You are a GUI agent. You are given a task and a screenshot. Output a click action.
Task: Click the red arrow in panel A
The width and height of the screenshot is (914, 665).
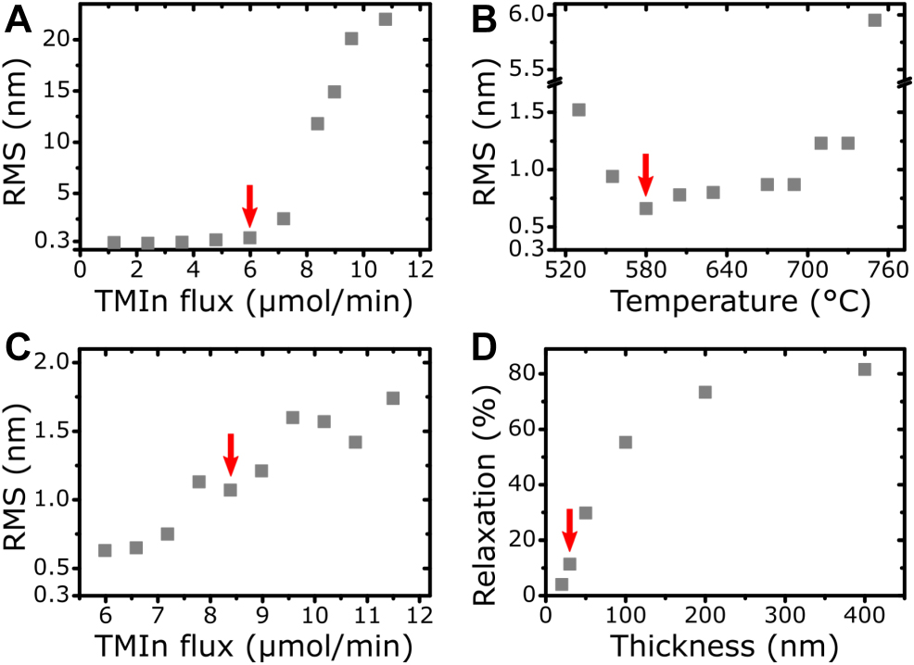[x=248, y=205]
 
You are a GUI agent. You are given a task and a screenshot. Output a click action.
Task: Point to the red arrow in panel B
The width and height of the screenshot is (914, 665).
[x=646, y=174]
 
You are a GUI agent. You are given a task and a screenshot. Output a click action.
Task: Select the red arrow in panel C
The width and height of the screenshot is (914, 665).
[x=231, y=455]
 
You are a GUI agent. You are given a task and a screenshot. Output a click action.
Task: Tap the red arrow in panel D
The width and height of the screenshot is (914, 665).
[x=570, y=530]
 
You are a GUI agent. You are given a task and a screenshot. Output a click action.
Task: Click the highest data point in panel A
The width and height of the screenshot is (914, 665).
[x=386, y=19]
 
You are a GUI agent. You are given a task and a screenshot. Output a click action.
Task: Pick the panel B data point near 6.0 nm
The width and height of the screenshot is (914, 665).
[x=874, y=19]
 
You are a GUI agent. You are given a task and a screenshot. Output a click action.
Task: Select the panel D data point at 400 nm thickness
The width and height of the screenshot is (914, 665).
[x=865, y=370]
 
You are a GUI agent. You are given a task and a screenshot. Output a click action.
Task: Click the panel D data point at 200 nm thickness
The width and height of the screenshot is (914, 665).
[x=705, y=392]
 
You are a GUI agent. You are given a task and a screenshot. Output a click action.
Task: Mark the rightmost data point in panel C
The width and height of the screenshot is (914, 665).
[x=393, y=398]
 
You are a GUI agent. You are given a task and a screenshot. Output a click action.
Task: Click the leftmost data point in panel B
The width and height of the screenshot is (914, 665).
[x=578, y=109]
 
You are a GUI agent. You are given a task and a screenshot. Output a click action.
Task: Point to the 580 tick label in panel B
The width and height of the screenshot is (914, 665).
[x=645, y=272]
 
